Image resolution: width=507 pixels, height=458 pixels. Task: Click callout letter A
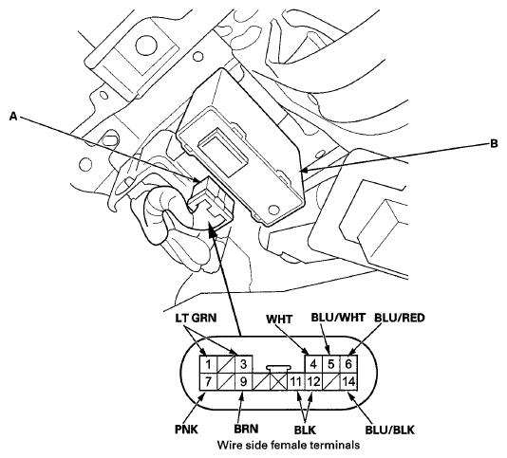[x=13, y=116]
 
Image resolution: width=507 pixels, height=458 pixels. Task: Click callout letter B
[x=494, y=143]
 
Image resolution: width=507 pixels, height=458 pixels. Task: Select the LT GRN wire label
[x=197, y=319]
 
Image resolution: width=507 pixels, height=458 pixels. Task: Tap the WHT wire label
[x=279, y=320]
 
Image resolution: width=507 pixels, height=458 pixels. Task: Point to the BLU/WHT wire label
[x=338, y=317]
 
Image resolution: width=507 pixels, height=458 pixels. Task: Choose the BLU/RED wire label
[x=400, y=318]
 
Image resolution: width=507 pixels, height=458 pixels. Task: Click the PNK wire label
[x=187, y=430]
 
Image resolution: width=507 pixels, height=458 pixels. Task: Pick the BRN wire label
[x=247, y=429]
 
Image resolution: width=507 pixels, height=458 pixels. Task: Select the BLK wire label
[x=305, y=430]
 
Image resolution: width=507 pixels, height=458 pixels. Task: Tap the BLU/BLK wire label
[x=390, y=430]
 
